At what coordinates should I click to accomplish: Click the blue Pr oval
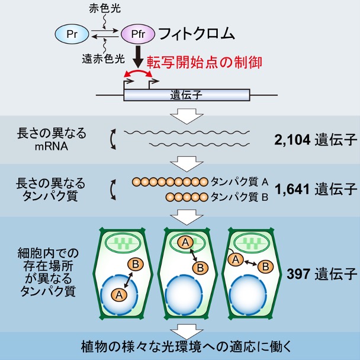[72, 34]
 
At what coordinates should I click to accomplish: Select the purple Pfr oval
[138, 34]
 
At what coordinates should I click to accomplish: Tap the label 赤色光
[105, 9]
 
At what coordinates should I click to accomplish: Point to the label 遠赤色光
[103, 59]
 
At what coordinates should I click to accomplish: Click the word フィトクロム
[197, 34]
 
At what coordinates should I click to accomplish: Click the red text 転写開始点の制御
[204, 62]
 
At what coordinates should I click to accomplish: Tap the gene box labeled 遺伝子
[187, 95]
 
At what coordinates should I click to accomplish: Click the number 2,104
[292, 140]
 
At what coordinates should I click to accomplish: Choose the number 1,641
[292, 189]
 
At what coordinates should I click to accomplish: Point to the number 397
[298, 274]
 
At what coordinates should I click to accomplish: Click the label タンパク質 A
[239, 182]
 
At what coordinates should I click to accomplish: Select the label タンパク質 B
[239, 197]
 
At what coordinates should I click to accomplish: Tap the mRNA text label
[52, 146]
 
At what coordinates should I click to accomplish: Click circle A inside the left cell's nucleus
[119, 294]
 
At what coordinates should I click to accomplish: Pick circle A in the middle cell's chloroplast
[185, 242]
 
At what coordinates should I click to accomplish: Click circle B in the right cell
[266, 267]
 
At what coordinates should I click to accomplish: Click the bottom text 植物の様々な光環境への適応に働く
[186, 346]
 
